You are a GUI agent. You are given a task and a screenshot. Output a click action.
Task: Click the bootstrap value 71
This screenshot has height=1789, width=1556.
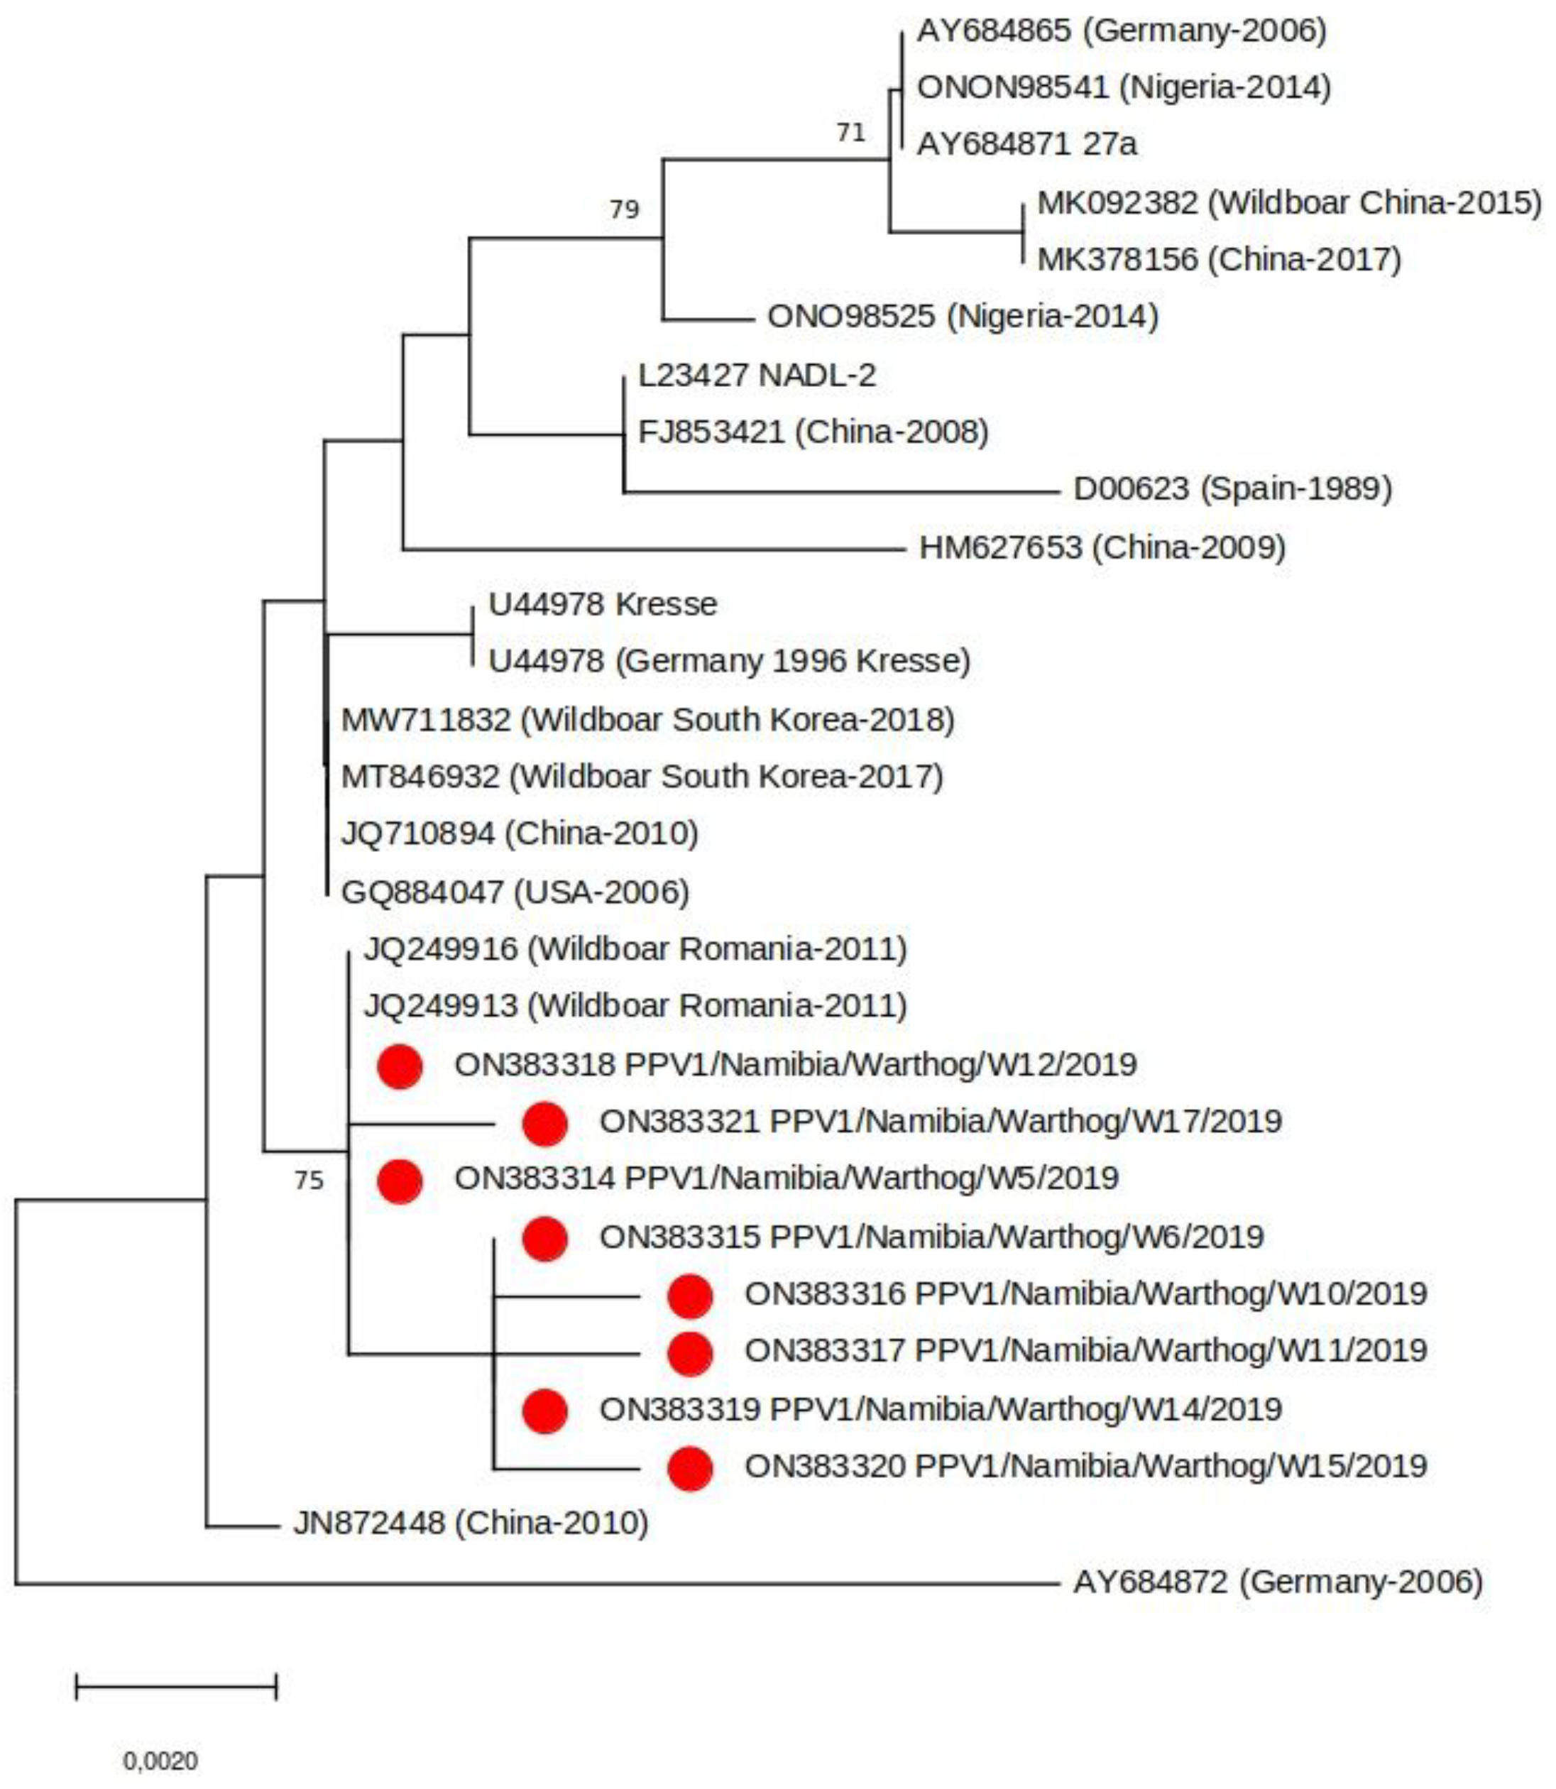point(850,132)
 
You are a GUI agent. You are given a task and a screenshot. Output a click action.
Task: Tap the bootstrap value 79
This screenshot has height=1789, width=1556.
point(623,209)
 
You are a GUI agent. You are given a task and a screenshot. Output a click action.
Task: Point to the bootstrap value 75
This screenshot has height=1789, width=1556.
point(308,1180)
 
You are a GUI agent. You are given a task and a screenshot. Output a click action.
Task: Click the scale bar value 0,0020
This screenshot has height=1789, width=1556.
point(160,1761)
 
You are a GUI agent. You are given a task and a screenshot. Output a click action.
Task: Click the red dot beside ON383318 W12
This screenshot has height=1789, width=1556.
point(400,1066)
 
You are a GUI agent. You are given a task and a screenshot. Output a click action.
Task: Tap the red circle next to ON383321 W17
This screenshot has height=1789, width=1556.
point(544,1123)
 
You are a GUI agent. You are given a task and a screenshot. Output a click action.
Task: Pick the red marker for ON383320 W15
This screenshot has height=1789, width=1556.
point(689,1469)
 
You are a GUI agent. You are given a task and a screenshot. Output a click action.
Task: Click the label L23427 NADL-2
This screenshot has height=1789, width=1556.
point(757,375)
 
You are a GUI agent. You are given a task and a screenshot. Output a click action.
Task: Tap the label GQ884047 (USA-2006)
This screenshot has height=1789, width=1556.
point(515,892)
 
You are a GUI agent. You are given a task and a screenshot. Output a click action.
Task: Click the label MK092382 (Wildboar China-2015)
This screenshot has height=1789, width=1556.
point(1289,203)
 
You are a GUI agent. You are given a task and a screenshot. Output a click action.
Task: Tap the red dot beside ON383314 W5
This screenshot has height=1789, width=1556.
point(400,1181)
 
